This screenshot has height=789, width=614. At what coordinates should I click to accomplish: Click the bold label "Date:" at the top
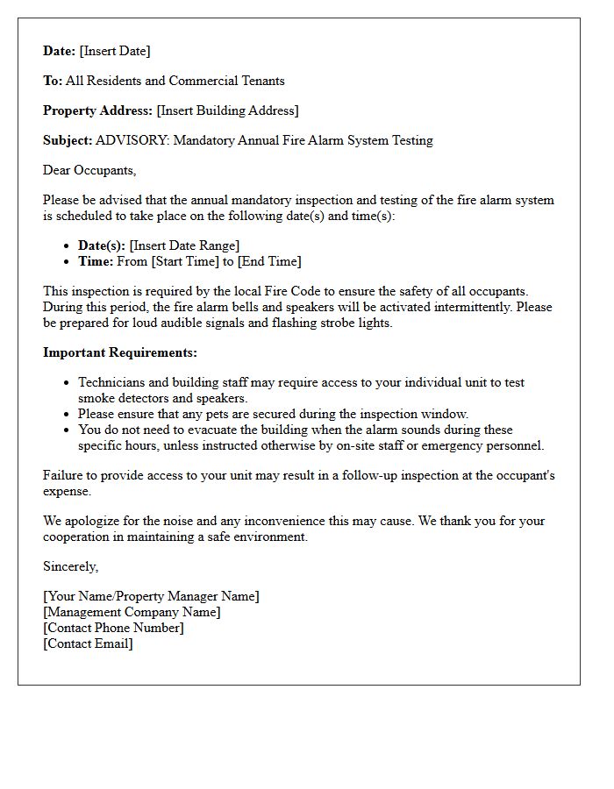(60, 51)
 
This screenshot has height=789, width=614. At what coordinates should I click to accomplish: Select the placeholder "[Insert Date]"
(115, 51)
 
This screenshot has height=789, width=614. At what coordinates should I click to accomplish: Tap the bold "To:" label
(53, 81)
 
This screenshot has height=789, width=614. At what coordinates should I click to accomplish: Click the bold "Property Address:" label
(97, 110)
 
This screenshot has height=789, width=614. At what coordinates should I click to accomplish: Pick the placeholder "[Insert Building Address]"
(227, 110)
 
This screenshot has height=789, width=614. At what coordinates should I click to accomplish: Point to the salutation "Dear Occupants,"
(89, 170)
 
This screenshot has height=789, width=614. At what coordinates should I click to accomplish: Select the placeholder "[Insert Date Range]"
(184, 245)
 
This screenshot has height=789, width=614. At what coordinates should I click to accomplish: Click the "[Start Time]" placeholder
(192, 261)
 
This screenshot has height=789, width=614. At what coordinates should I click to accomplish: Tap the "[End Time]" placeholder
(269, 261)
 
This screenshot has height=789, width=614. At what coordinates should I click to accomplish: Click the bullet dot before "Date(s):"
(68, 246)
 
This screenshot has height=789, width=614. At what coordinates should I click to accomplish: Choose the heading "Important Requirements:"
(120, 352)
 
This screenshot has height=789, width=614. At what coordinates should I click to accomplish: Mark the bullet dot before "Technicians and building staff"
(68, 383)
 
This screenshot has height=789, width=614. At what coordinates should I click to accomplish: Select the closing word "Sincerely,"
(71, 566)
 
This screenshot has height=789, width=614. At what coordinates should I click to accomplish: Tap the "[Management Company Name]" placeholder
(132, 612)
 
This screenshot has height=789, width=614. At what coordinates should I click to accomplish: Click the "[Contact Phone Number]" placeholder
(113, 628)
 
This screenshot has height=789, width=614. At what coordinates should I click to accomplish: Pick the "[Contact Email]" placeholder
(88, 643)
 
